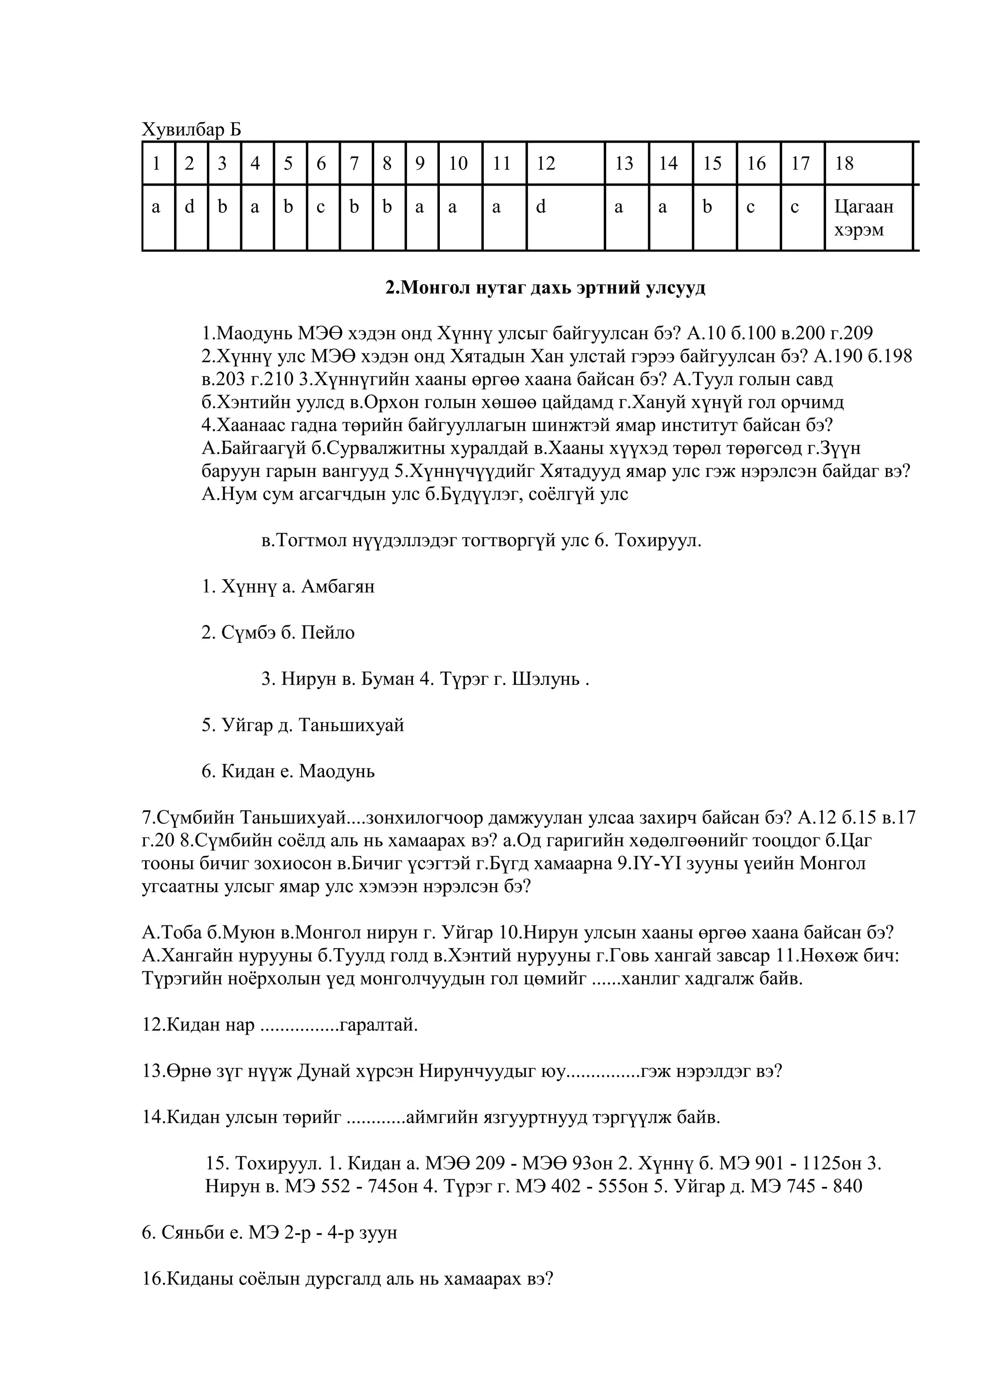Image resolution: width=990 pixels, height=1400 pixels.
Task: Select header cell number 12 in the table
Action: pyautogui.click(x=546, y=163)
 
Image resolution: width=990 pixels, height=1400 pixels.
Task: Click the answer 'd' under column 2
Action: pyautogui.click(x=189, y=207)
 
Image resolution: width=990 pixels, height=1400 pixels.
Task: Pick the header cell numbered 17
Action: pyautogui.click(x=801, y=163)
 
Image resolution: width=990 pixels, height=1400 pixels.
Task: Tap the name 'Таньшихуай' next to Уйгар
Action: pyautogui.click(x=352, y=725)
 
